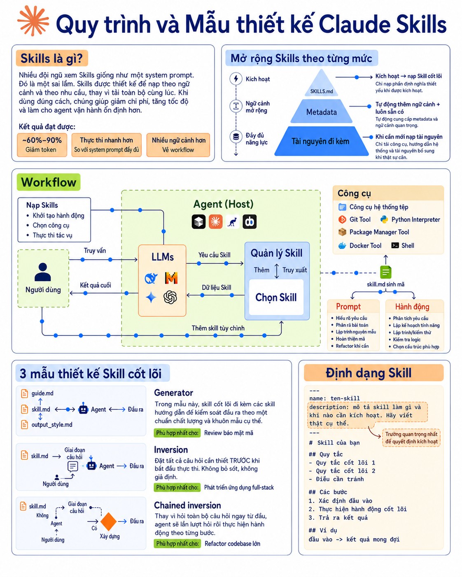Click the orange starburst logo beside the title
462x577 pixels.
coord(33,21)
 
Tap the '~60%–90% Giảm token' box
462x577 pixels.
coord(42,145)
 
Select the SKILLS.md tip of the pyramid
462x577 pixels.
coord(322,83)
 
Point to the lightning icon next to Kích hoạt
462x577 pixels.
coord(236,79)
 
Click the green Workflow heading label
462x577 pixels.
coord(49,182)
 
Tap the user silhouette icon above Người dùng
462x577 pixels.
coord(43,272)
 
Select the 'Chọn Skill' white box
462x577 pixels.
coord(276,297)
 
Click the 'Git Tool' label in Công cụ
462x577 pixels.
coord(360,219)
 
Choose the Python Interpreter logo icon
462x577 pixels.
coord(384,219)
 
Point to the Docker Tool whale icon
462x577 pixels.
coord(342,245)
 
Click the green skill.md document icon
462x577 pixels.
coord(385,272)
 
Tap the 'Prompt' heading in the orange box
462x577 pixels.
coord(348,307)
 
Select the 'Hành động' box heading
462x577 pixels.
coord(412,307)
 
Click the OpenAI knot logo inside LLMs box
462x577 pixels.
coord(170,297)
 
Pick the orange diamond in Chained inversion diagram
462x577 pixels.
coord(108,521)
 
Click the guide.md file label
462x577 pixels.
coord(42,393)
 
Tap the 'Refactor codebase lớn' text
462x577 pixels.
coord(232,544)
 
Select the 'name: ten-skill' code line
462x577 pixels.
coord(334,398)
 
